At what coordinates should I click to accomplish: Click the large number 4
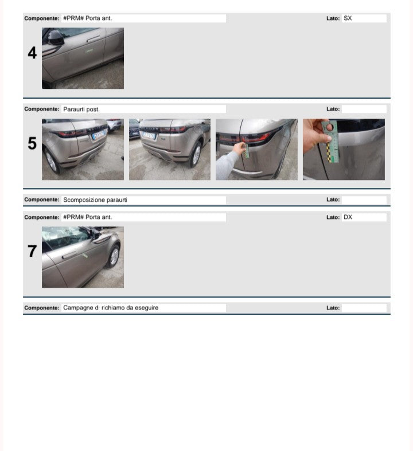coord(32,53)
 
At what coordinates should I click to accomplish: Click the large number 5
coord(32,143)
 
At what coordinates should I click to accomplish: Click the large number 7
coord(32,251)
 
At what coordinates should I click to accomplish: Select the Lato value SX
coord(348,18)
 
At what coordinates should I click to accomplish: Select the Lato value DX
coord(348,217)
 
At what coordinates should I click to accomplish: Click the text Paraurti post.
coord(81,109)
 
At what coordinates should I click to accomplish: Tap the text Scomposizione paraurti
coord(95,200)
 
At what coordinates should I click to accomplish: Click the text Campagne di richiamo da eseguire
coord(111,308)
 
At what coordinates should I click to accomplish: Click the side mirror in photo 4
coord(54,38)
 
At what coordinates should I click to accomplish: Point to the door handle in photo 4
coord(93,38)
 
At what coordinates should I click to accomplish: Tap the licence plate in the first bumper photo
coord(99,135)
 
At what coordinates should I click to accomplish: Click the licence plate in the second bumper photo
coord(149,135)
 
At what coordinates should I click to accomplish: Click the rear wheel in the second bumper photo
coord(196,155)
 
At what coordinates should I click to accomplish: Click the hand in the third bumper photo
coord(239,148)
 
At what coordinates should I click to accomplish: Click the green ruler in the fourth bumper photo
coord(332,142)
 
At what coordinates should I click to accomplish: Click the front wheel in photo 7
coord(114,256)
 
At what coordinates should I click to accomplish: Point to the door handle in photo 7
coord(69,255)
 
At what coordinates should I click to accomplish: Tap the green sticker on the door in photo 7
coord(85,255)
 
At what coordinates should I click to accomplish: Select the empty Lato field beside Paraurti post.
coord(364,109)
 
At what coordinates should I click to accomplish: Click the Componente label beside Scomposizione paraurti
coord(42,199)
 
